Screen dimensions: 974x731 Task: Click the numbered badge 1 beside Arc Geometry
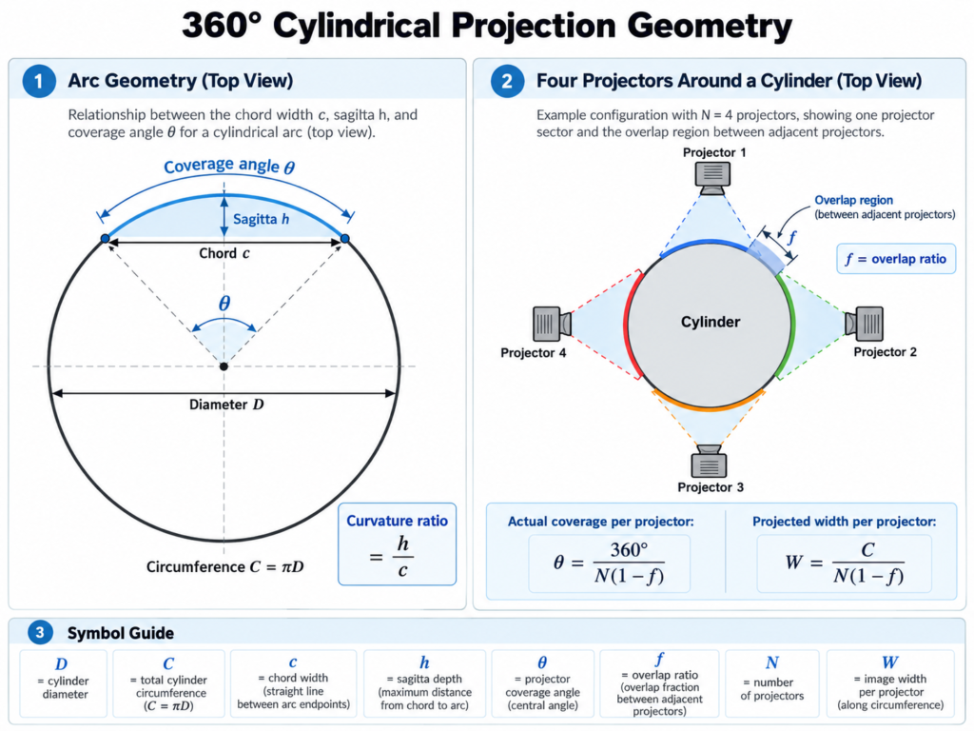click(38, 81)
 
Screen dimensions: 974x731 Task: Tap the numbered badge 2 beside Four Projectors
click(507, 81)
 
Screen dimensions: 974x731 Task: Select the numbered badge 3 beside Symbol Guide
click(40, 633)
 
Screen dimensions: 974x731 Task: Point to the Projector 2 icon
click(864, 324)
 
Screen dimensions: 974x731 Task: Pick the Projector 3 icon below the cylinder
click(709, 462)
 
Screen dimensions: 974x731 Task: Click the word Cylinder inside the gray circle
click(711, 322)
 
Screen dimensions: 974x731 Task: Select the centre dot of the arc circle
click(224, 366)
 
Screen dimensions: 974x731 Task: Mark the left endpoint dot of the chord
click(105, 239)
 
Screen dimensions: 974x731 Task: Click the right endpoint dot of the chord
click(345, 239)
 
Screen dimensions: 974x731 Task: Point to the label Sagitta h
click(261, 219)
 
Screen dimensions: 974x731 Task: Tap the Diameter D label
click(226, 405)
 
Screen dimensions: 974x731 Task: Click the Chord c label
click(224, 253)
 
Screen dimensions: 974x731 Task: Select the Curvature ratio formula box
click(397, 544)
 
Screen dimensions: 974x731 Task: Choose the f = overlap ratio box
click(896, 259)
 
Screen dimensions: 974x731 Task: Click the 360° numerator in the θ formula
click(629, 549)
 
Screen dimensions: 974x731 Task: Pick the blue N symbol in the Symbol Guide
click(772, 663)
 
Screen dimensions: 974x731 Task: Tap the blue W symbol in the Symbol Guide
click(889, 662)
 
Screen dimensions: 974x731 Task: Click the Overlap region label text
click(853, 200)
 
